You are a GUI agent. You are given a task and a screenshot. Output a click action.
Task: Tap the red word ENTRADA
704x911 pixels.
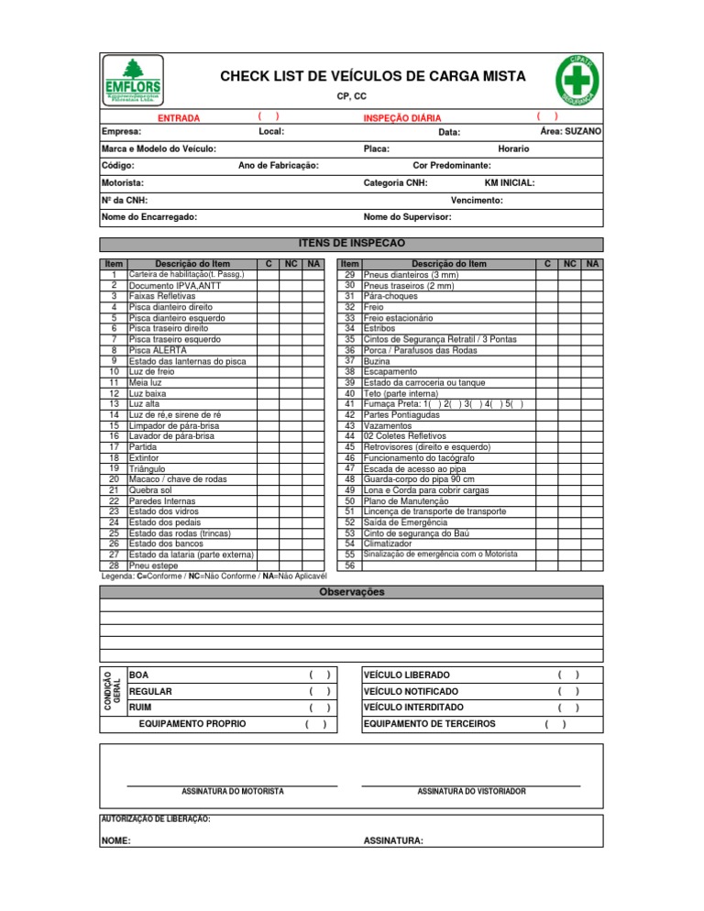click(179, 118)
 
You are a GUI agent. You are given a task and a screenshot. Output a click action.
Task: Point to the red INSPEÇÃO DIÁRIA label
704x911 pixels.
click(402, 118)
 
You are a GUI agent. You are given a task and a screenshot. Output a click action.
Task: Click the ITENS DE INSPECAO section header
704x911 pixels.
click(352, 243)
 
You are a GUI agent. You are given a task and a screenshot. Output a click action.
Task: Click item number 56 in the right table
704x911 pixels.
click(349, 565)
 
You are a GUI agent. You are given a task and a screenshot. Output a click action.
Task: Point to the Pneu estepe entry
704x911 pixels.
click(153, 565)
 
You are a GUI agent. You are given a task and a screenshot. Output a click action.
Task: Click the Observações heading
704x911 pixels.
click(351, 592)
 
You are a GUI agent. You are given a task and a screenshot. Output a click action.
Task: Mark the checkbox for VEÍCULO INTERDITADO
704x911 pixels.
click(568, 708)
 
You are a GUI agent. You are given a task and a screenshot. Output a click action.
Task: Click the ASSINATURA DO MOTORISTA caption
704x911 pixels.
click(233, 790)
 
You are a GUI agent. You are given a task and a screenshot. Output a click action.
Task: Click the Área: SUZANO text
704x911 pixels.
click(570, 132)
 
